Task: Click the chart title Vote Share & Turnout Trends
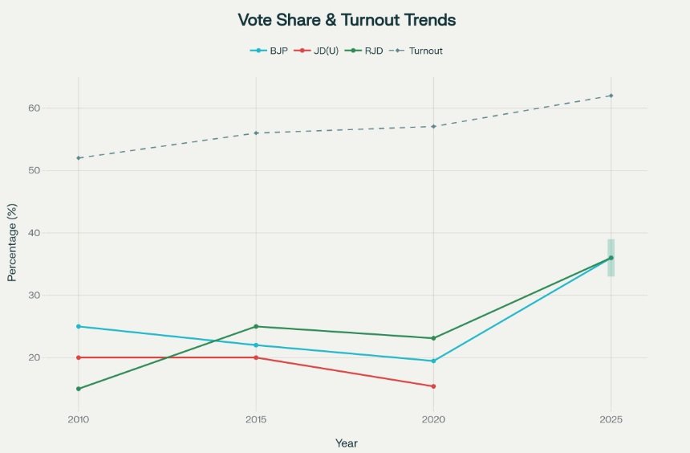click(x=347, y=20)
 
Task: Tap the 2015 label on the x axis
click(x=256, y=420)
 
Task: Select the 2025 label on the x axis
click(x=611, y=420)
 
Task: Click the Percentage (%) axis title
click(x=12, y=242)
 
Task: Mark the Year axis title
click(x=347, y=443)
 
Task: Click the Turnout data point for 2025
click(x=611, y=96)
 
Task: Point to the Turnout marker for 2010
click(x=79, y=157)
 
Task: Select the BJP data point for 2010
click(x=79, y=326)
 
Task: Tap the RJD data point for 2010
click(x=79, y=389)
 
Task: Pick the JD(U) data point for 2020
click(x=433, y=386)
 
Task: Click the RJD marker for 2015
click(x=256, y=326)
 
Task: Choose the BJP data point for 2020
click(x=433, y=361)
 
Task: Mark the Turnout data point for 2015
click(x=256, y=133)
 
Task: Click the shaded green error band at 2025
click(x=611, y=247)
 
